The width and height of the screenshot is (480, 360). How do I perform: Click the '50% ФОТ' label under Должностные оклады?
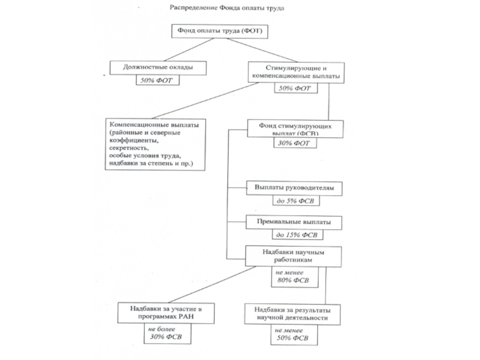tap(157, 80)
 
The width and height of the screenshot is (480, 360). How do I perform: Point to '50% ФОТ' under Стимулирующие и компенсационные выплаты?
tap(294, 88)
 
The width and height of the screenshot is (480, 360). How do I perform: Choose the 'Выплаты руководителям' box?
tap(295, 188)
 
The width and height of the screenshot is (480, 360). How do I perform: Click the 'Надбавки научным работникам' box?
tap(293, 256)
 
